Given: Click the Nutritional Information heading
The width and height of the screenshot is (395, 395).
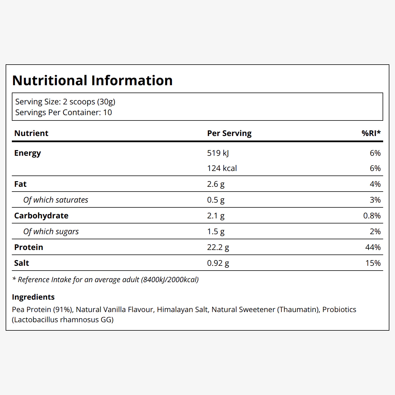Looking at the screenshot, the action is click(92, 80).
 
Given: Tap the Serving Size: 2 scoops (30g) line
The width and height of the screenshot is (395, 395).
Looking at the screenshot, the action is click(65, 102).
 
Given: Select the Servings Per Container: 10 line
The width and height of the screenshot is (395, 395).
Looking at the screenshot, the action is click(63, 113).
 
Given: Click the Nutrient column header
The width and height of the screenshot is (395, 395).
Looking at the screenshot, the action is click(31, 133).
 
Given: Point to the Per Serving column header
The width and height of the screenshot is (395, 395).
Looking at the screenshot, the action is click(229, 133).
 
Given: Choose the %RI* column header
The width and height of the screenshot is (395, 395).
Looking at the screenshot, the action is click(371, 133).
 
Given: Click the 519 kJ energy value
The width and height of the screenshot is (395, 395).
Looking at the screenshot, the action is click(218, 153).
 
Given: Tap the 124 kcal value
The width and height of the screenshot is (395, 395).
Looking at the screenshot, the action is click(222, 168).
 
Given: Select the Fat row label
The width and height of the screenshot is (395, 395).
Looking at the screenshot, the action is click(20, 184).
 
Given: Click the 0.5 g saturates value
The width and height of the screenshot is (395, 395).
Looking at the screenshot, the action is click(216, 200).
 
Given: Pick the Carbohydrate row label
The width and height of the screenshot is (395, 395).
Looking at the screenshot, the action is click(41, 216).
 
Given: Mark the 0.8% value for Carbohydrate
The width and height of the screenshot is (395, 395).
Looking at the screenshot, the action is click(372, 216).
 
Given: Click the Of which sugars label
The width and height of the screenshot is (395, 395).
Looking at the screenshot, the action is click(51, 232).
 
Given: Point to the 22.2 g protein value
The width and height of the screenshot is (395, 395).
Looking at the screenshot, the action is click(218, 247).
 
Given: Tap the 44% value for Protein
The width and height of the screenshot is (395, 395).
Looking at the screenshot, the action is click(373, 247).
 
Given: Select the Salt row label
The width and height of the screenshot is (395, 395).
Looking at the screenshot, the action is click(21, 263).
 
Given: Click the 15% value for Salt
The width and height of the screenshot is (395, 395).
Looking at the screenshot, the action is click(373, 263).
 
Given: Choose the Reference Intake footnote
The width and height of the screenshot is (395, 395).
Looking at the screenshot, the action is click(106, 280).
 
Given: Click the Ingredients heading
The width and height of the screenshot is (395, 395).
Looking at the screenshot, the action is click(33, 297).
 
